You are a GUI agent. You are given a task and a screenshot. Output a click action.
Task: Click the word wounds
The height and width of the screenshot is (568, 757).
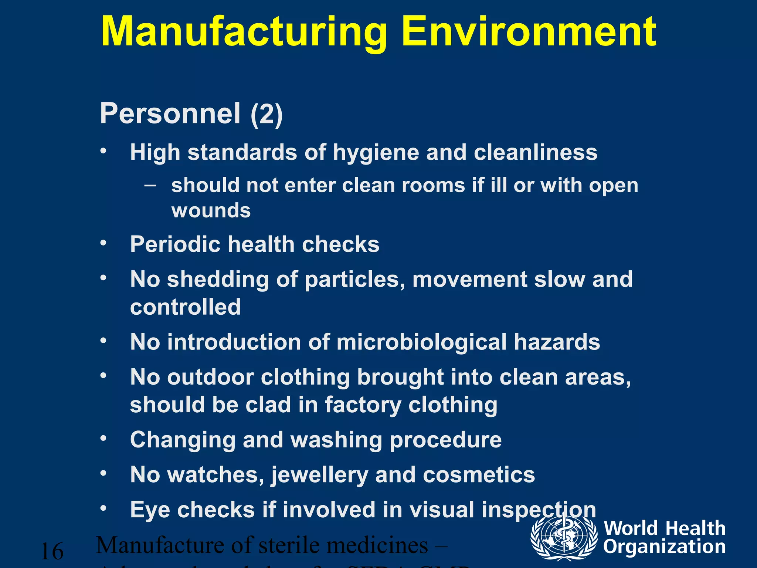click(x=211, y=211)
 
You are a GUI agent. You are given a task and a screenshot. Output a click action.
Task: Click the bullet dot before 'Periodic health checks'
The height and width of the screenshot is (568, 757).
click(x=103, y=243)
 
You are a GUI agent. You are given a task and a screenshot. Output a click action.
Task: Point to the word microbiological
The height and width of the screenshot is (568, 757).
click(x=421, y=342)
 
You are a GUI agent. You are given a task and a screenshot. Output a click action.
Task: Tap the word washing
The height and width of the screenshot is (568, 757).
click(x=336, y=440)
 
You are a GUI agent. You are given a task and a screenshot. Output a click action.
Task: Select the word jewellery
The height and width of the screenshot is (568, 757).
click(x=320, y=476)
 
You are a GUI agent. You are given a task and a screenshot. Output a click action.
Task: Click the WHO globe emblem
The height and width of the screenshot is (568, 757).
click(x=564, y=538)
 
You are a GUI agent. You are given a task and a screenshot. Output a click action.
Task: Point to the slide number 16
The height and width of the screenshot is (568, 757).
click(x=52, y=551)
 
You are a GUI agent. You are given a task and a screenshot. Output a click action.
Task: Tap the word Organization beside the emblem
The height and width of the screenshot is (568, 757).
click(x=664, y=547)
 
